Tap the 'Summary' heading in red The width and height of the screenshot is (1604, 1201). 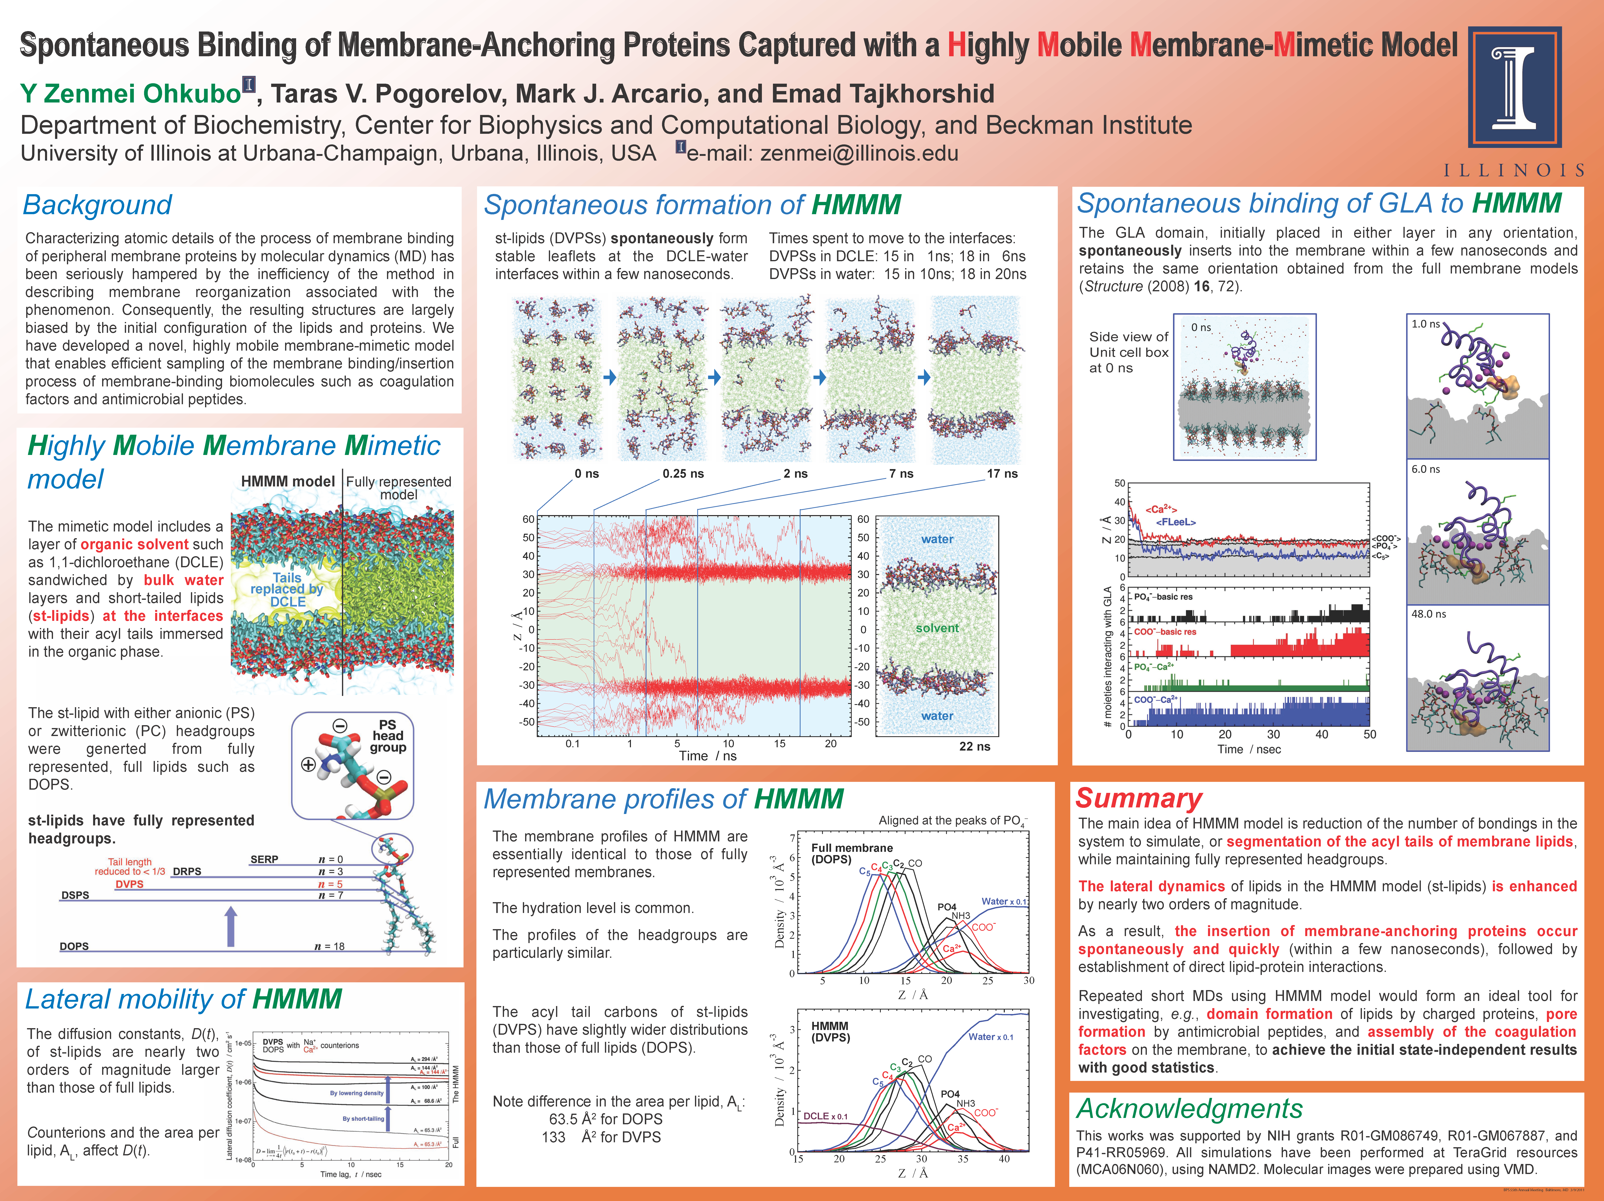tap(1138, 798)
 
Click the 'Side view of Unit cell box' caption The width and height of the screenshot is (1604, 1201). tap(1128, 352)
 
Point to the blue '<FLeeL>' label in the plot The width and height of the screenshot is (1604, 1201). tap(1175, 522)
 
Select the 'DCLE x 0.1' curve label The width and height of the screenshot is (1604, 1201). tap(825, 1116)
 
